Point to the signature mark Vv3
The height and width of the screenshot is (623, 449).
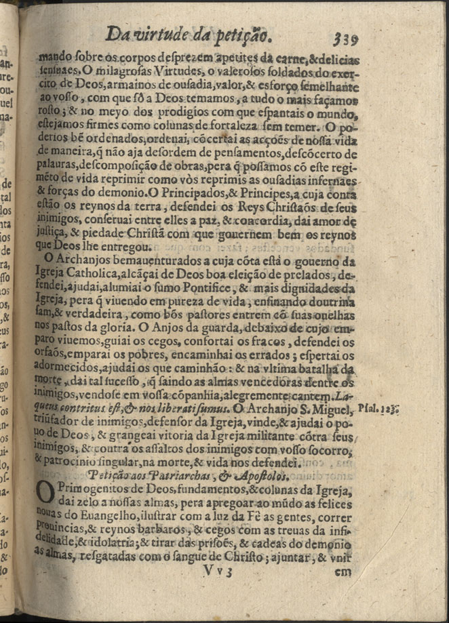coord(216,571)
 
